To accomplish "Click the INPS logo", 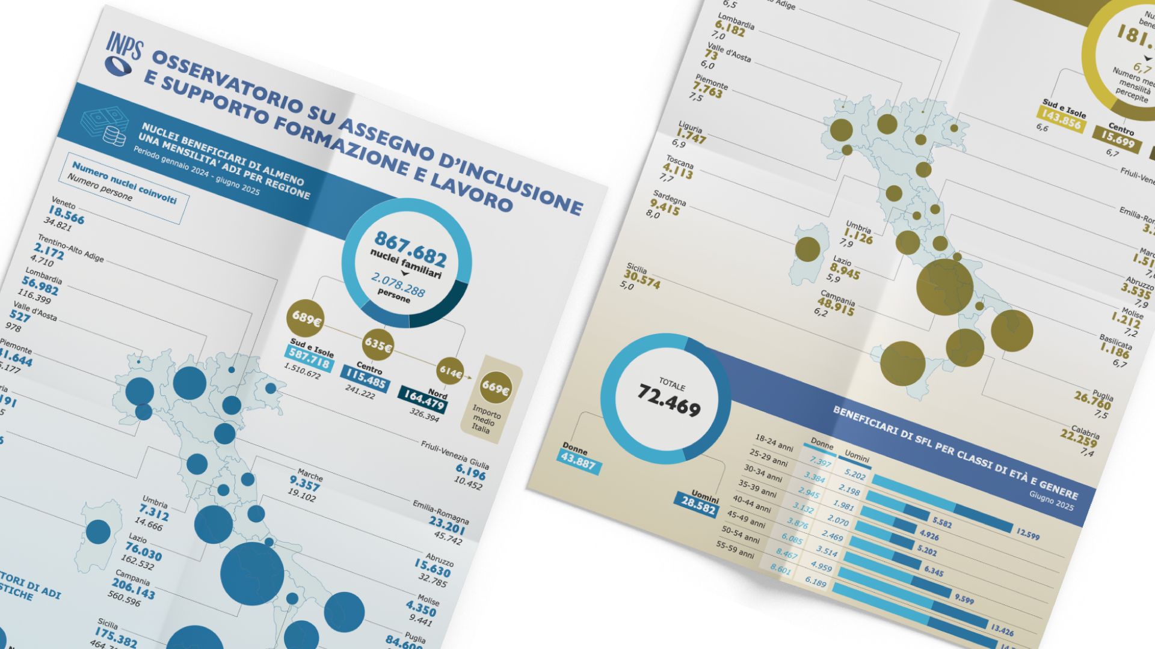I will (123, 53).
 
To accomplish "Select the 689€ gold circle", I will (306, 318).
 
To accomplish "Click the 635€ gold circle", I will (378, 345).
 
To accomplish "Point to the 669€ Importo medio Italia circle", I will (496, 388).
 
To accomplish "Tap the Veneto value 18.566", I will (66, 215).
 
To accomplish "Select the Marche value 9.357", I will (305, 484).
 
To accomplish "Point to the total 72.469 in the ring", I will (669, 400).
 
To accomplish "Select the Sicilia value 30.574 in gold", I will (641, 279).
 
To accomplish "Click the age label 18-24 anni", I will (774, 443).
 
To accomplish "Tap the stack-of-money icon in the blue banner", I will (105, 126).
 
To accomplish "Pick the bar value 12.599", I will (1027, 534).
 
